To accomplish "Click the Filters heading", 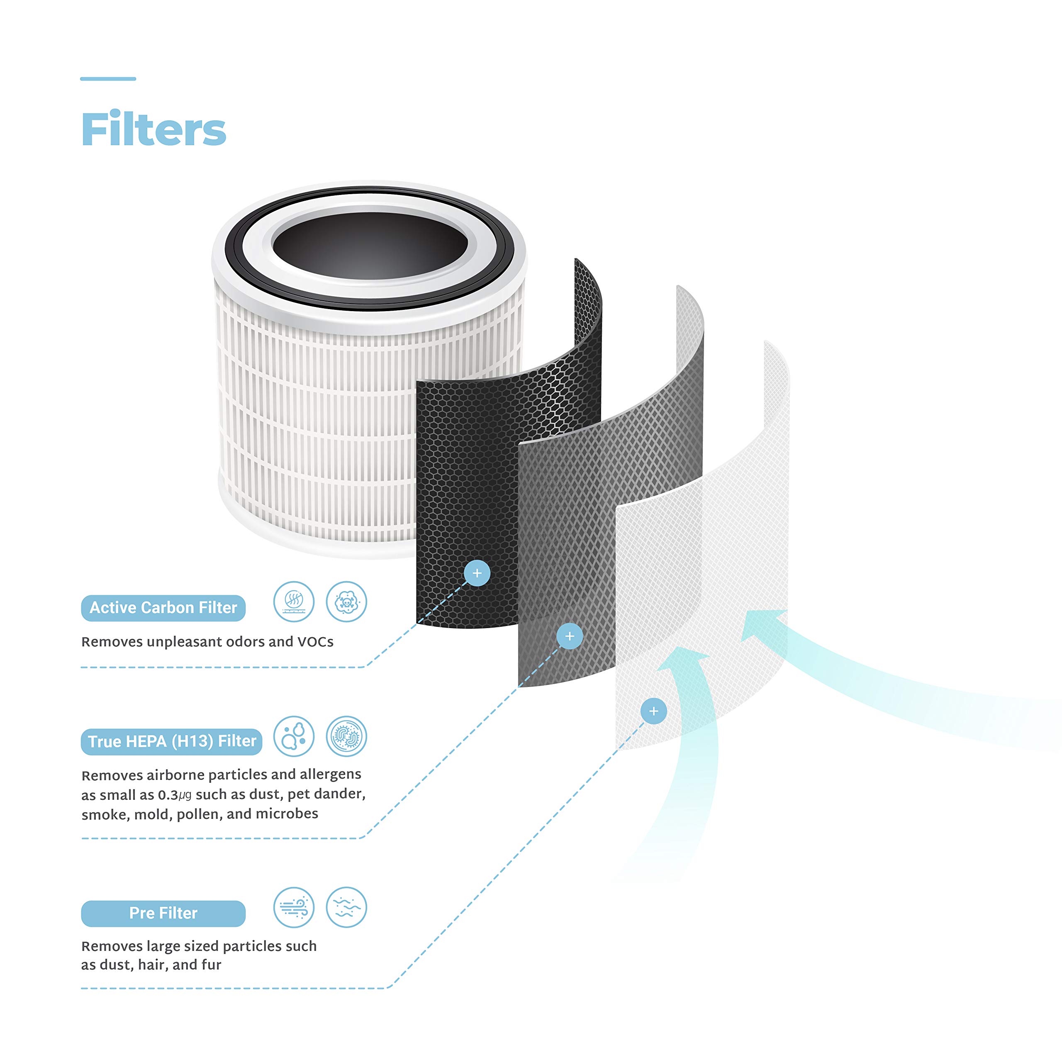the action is pyautogui.click(x=153, y=129).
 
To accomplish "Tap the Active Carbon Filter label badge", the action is pyautogui.click(x=163, y=608).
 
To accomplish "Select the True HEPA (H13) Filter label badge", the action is pyautogui.click(x=171, y=741).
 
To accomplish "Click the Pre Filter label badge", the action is pyautogui.click(x=163, y=913).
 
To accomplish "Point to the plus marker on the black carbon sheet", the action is pyautogui.click(x=477, y=573).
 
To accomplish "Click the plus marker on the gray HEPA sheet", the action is pyautogui.click(x=570, y=636).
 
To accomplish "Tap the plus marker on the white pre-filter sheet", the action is pyautogui.click(x=653, y=711).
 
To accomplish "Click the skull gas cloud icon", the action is pyautogui.click(x=346, y=602).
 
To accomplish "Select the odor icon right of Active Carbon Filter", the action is pyautogui.click(x=294, y=602).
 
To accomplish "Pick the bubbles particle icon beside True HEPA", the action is pyautogui.click(x=294, y=736).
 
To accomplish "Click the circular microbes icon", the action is pyautogui.click(x=346, y=736).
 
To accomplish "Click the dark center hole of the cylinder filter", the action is pyautogui.click(x=370, y=245).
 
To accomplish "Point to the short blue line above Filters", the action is pyautogui.click(x=108, y=78).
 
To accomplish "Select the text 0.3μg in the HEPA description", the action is pyautogui.click(x=175, y=795).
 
